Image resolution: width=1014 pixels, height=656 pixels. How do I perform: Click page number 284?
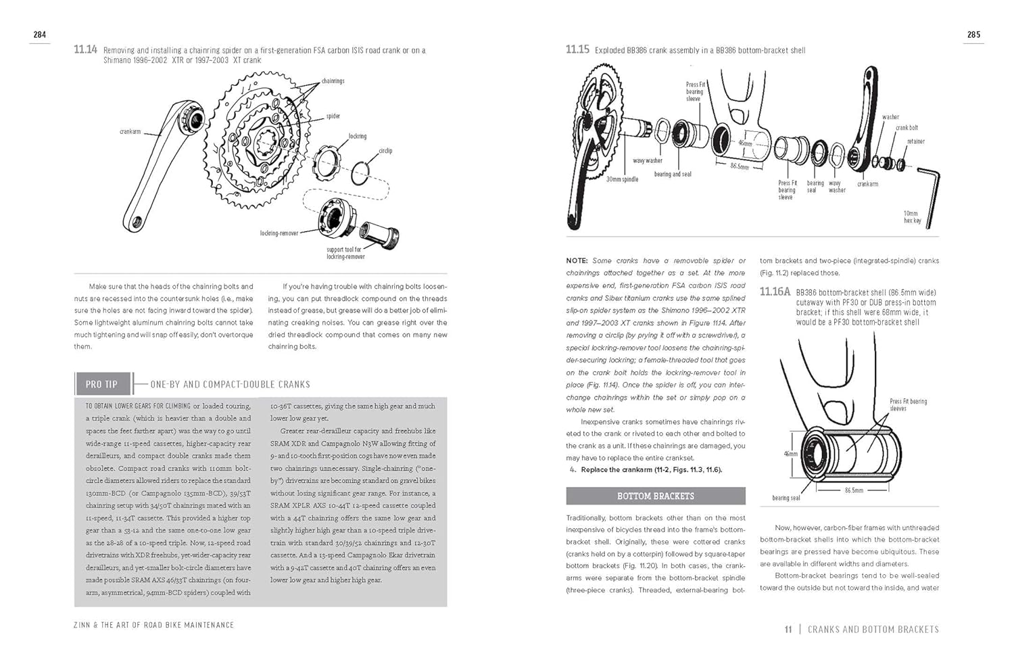pos(39,34)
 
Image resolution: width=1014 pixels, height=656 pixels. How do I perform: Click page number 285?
pos(973,34)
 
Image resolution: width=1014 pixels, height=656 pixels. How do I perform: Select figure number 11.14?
pos(85,49)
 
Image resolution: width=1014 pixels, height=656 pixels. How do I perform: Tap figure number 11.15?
pos(577,49)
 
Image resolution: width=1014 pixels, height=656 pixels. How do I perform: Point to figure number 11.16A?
pos(775,291)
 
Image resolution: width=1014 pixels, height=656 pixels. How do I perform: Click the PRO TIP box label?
pos(101,384)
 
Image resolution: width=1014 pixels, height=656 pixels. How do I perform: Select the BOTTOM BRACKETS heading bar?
pos(655,496)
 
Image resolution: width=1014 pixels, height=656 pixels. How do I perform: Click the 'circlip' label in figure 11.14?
pos(385,151)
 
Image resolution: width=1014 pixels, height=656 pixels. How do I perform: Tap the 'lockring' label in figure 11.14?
pos(358,136)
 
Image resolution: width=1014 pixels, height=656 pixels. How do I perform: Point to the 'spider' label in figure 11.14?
pos(333,116)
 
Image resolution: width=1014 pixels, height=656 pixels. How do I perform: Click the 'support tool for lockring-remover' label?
pos(345,253)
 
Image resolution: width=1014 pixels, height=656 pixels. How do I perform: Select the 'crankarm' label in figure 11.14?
pos(130,131)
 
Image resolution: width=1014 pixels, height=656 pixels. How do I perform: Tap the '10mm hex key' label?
pos(911,216)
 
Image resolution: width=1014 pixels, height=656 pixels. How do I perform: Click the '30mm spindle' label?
pos(622,179)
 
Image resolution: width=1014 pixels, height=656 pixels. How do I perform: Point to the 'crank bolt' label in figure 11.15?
pos(907,127)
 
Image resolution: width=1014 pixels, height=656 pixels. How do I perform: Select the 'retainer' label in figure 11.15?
pos(916,141)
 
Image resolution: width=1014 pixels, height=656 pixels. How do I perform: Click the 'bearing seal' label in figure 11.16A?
pos(786,498)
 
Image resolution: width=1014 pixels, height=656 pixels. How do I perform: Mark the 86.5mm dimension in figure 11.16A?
pos(853,490)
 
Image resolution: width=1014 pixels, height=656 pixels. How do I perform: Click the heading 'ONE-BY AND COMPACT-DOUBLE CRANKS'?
pos(230,384)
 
